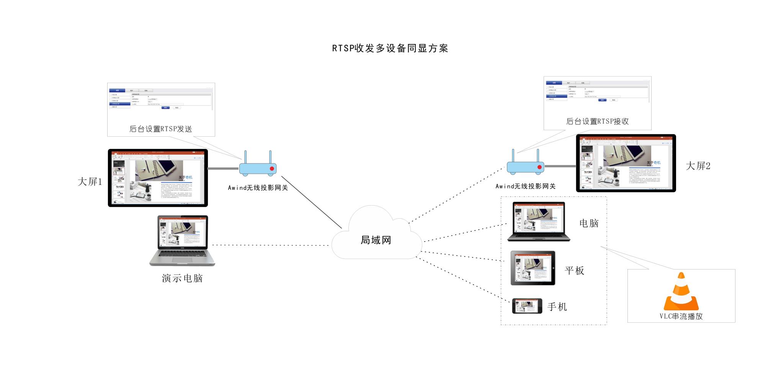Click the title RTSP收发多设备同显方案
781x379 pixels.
point(390,48)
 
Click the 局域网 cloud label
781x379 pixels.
point(376,240)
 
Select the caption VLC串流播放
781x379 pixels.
point(681,316)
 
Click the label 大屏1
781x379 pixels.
point(90,181)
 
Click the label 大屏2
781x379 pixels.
point(698,166)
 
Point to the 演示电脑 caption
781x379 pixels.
point(182,278)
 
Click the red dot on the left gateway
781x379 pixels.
point(272,168)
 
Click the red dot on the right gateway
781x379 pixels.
point(539,167)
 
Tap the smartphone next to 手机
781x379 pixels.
point(527,306)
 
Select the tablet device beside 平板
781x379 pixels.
point(533,268)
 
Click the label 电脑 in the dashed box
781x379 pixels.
point(589,223)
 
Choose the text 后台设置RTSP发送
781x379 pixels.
point(161,129)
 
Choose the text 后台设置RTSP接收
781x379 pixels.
point(597,121)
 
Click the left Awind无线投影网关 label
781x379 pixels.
point(258,188)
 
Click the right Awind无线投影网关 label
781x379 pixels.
point(525,186)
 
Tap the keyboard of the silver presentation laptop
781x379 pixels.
point(182,255)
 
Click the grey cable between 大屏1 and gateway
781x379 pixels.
point(223,168)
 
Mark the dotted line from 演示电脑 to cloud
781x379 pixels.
point(270,245)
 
